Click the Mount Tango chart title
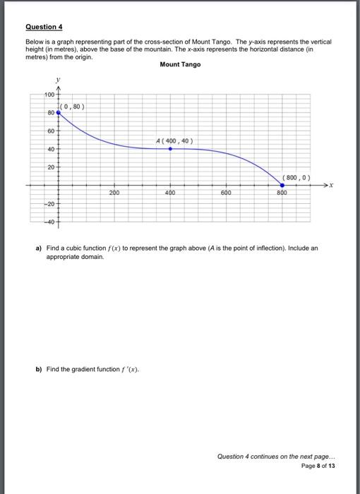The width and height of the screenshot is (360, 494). [180, 64]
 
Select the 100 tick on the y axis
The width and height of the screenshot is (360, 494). [49, 95]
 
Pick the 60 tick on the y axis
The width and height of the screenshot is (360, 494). [51, 131]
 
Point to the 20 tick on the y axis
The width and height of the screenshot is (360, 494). [51, 167]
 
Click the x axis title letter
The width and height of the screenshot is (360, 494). [330, 186]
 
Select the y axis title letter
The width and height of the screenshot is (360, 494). [58, 80]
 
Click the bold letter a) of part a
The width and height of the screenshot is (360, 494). [39, 249]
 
